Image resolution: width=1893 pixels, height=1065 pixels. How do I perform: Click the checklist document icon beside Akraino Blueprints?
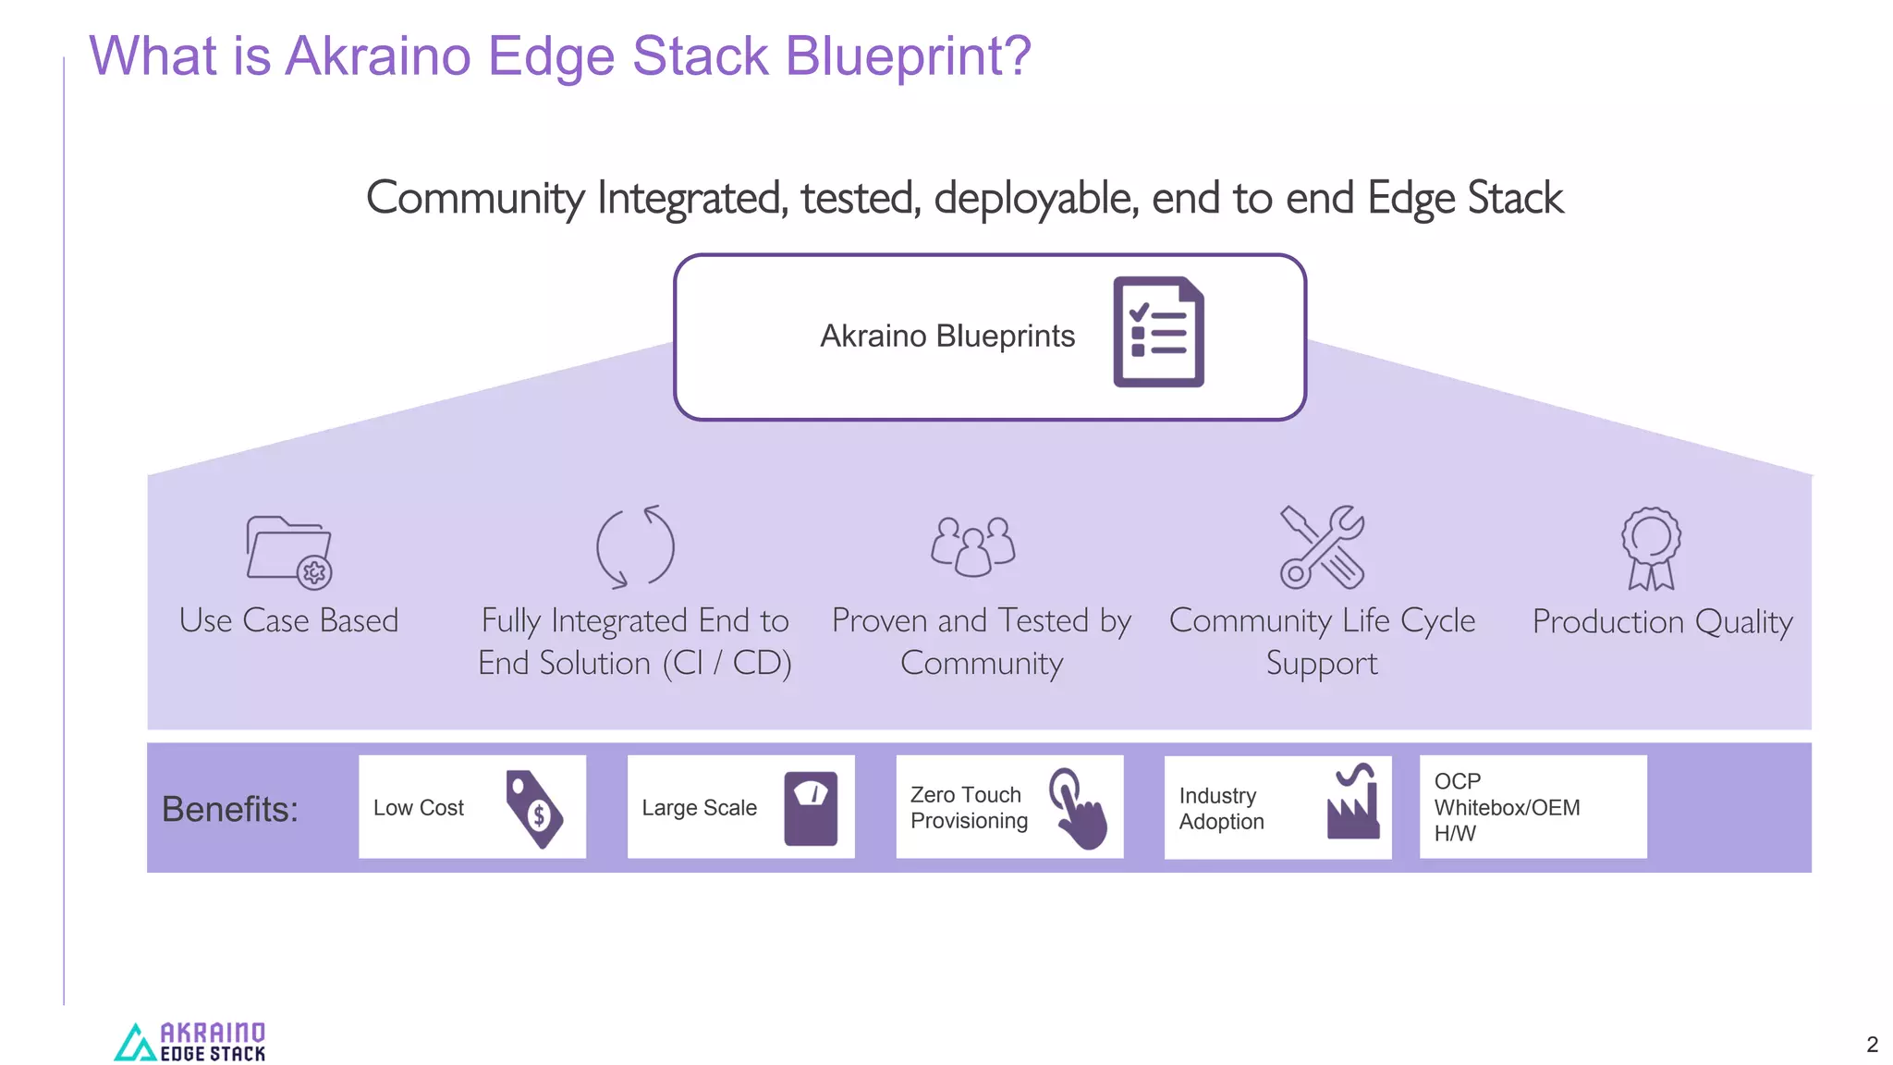point(1158,332)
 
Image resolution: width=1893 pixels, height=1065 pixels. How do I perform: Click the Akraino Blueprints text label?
point(947,336)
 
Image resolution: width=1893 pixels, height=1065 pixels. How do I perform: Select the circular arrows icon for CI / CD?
point(635,546)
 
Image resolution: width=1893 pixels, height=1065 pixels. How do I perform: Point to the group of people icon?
point(972,546)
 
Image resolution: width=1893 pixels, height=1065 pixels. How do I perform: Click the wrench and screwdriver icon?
point(1322,546)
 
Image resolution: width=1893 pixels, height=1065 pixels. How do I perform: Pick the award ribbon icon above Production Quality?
point(1651,547)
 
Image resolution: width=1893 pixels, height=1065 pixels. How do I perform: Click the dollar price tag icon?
point(533,809)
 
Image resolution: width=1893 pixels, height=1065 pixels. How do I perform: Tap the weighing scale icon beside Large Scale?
point(811,808)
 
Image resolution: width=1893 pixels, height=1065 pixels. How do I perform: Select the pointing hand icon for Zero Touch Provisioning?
point(1078,808)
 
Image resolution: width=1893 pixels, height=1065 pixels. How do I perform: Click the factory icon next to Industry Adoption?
point(1352,802)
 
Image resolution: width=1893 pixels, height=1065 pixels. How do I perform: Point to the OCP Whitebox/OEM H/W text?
point(1507,807)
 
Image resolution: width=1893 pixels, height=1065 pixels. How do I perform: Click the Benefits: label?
point(230,809)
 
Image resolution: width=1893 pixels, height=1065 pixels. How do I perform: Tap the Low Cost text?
point(418,808)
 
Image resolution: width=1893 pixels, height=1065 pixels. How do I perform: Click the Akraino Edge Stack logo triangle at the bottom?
point(135,1043)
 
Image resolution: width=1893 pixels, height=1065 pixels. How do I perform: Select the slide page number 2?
point(1872,1045)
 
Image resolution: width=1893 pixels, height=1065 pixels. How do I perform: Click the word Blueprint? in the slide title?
point(908,56)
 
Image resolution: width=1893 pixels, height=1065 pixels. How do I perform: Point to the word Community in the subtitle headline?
point(475,198)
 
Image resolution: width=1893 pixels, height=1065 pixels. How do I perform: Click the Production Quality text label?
point(1662,621)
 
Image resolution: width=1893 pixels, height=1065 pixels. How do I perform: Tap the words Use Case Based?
point(288,620)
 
